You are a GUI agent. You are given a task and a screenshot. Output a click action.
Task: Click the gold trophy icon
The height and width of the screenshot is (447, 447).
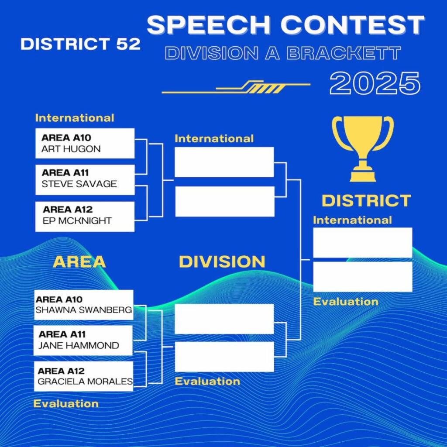pos(363,148)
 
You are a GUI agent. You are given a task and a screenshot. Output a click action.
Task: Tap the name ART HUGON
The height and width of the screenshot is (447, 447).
pos(71,149)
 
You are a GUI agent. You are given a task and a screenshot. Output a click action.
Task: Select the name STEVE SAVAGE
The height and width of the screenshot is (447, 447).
pos(79,184)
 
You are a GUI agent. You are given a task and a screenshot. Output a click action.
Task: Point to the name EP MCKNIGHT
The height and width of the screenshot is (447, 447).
pos(77,220)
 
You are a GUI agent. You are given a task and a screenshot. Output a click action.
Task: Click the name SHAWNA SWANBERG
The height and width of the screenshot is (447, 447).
pos(83,310)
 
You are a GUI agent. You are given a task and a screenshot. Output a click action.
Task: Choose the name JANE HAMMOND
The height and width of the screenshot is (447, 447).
pos(79,346)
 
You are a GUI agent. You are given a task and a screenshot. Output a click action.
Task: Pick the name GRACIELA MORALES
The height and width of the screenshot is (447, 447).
pos(85,382)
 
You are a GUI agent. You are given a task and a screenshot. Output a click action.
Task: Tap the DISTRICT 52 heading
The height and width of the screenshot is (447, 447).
pos(80,44)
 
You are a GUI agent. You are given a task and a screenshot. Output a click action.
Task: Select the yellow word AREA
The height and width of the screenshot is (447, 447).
pos(79,262)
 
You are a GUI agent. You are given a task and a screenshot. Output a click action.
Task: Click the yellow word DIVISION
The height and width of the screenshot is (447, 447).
pos(222,262)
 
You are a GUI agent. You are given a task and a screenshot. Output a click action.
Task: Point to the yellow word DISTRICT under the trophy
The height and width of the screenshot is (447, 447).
pos(366,201)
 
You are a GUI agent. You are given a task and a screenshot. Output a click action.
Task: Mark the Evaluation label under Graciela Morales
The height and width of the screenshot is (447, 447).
pos(66,404)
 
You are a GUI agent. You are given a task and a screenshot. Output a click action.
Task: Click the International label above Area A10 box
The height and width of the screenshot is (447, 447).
pos(75,118)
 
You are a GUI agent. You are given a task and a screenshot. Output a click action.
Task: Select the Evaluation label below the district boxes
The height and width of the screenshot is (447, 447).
pos(346,302)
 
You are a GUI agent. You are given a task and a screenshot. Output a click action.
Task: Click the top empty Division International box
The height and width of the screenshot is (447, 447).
pos(224,162)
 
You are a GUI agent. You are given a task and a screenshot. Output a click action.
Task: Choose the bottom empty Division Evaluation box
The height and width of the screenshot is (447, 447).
pos(224,357)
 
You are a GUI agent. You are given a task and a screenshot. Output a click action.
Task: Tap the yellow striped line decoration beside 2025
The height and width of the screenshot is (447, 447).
pos(236,87)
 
